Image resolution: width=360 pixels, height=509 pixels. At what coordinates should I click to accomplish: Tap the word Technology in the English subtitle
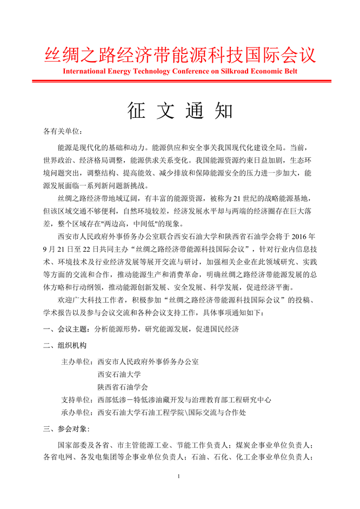pos(146,71)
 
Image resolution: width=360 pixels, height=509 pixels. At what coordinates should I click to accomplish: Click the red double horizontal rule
pos(180,81)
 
